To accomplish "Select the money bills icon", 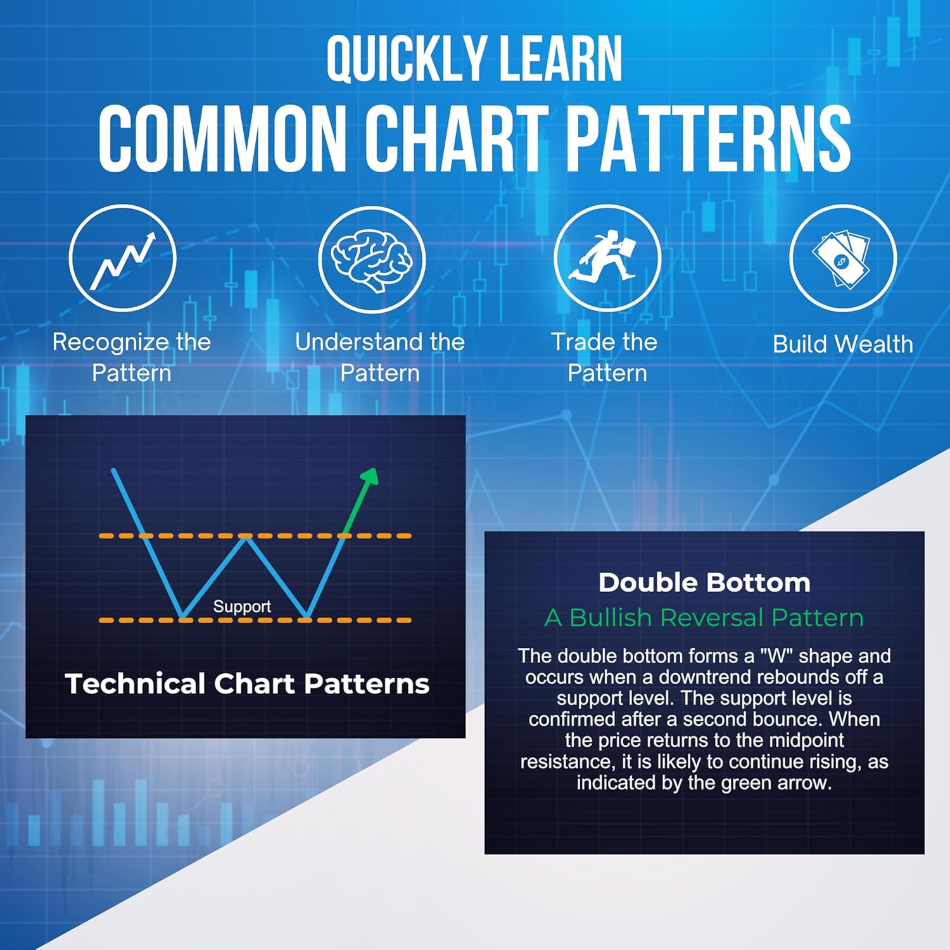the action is tap(842, 258).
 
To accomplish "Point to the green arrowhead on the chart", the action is tap(369, 476).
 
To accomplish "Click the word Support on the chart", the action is tap(242, 607).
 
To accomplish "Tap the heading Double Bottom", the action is tap(704, 583).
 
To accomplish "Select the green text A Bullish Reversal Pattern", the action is tap(704, 617).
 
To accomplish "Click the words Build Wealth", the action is tap(843, 344).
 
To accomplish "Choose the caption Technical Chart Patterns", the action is tap(247, 684).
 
